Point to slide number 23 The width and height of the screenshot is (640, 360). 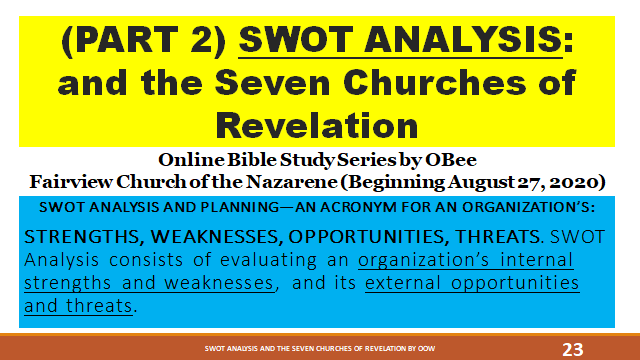(x=574, y=349)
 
